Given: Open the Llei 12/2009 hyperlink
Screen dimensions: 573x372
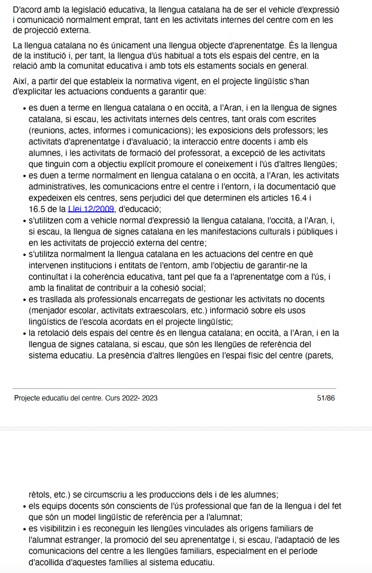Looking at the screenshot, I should [x=91, y=209].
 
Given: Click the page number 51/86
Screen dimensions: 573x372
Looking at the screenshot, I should [x=326, y=398].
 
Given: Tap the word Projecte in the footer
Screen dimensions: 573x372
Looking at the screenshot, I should [x=29, y=398].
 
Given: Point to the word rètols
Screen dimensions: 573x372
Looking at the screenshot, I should [x=41, y=495].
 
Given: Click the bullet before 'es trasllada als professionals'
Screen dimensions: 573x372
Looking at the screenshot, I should [x=23, y=299].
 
